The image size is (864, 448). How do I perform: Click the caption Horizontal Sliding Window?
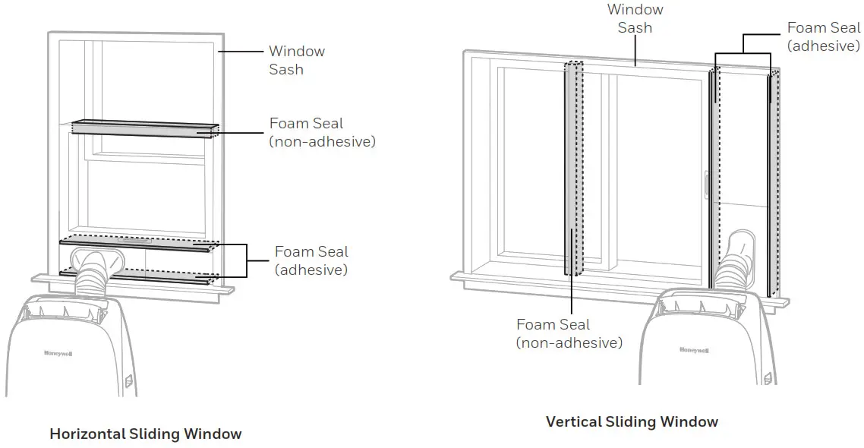(x=145, y=434)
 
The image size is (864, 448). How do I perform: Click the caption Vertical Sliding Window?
(x=632, y=421)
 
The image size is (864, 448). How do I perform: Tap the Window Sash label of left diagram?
(x=296, y=60)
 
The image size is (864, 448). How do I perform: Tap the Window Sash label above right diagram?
(x=635, y=18)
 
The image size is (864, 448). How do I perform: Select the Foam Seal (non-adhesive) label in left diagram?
(x=322, y=132)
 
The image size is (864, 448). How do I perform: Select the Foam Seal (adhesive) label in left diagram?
(x=311, y=260)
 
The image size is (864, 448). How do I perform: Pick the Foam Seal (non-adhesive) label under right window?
(x=569, y=333)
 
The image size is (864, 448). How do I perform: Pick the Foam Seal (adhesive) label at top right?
(x=823, y=36)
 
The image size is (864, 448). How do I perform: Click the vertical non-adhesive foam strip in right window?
(x=575, y=167)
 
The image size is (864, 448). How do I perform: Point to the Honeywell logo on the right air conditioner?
(x=694, y=350)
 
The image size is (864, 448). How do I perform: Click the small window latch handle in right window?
(x=706, y=187)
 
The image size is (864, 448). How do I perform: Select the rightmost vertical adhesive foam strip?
(x=771, y=182)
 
